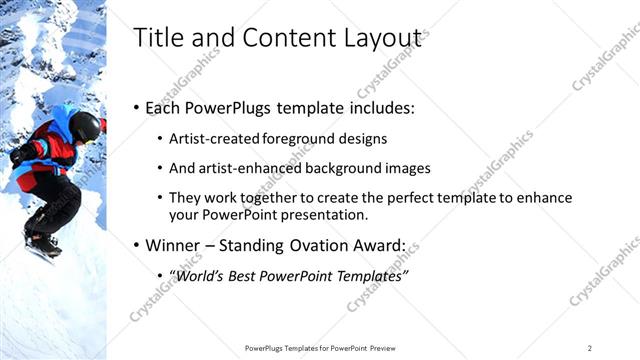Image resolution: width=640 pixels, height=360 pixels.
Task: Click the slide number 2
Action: pos(590,347)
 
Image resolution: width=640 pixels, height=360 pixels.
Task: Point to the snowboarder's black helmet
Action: pos(86,125)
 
